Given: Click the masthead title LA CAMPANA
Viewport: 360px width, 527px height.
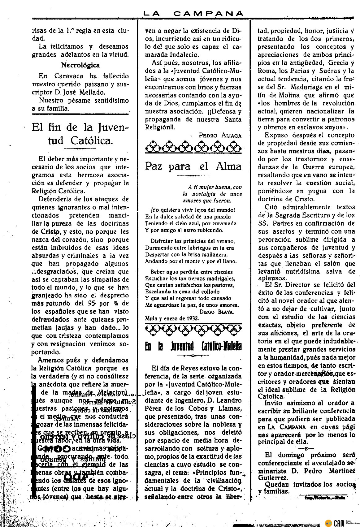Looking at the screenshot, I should tap(193, 13).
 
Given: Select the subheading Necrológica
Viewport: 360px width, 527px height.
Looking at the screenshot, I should tap(80, 65).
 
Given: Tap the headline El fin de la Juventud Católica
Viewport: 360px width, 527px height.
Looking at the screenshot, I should tap(80, 134).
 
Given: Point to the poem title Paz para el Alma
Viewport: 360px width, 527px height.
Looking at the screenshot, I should tap(193, 166).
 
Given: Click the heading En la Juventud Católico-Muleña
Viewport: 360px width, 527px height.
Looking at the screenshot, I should tap(193, 346).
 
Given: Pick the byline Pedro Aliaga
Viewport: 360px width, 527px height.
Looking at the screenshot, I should tap(220, 135).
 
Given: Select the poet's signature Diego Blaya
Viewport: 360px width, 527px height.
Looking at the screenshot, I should tap(217, 312).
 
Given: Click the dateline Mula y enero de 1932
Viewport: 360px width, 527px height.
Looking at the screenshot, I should tap(172, 318).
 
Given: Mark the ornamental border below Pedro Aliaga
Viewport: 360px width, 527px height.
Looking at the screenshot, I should tap(193, 147).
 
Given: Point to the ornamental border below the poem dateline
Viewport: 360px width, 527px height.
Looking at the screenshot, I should tap(193, 330).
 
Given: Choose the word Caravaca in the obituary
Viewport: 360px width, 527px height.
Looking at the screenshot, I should tap(68, 76).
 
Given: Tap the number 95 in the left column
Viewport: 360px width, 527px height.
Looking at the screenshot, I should tap(92, 303).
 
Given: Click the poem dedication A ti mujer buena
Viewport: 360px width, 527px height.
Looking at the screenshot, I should tap(215, 187).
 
